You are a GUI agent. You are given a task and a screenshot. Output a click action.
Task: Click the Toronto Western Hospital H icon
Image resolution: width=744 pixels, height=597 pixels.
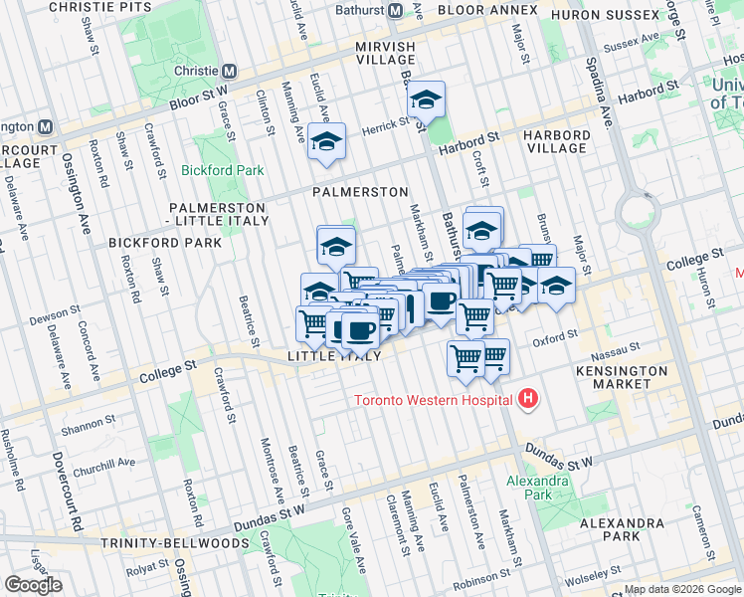coord(528,401)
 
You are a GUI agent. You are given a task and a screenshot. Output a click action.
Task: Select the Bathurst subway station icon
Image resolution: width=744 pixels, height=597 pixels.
coord(395,10)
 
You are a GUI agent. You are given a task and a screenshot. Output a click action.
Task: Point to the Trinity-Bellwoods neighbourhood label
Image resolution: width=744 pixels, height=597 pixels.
coord(174,543)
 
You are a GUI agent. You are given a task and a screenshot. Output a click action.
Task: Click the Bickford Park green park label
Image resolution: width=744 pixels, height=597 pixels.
coord(223,170)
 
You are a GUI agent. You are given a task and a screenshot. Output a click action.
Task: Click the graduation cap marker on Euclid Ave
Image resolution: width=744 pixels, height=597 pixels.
coord(325,142)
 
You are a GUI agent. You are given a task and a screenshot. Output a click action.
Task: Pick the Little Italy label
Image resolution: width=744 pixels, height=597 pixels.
coord(334,356)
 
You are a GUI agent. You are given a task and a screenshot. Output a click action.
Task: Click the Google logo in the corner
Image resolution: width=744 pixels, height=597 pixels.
coord(33,585)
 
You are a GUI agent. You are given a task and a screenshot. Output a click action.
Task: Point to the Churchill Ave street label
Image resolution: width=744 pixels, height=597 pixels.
coord(106,463)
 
